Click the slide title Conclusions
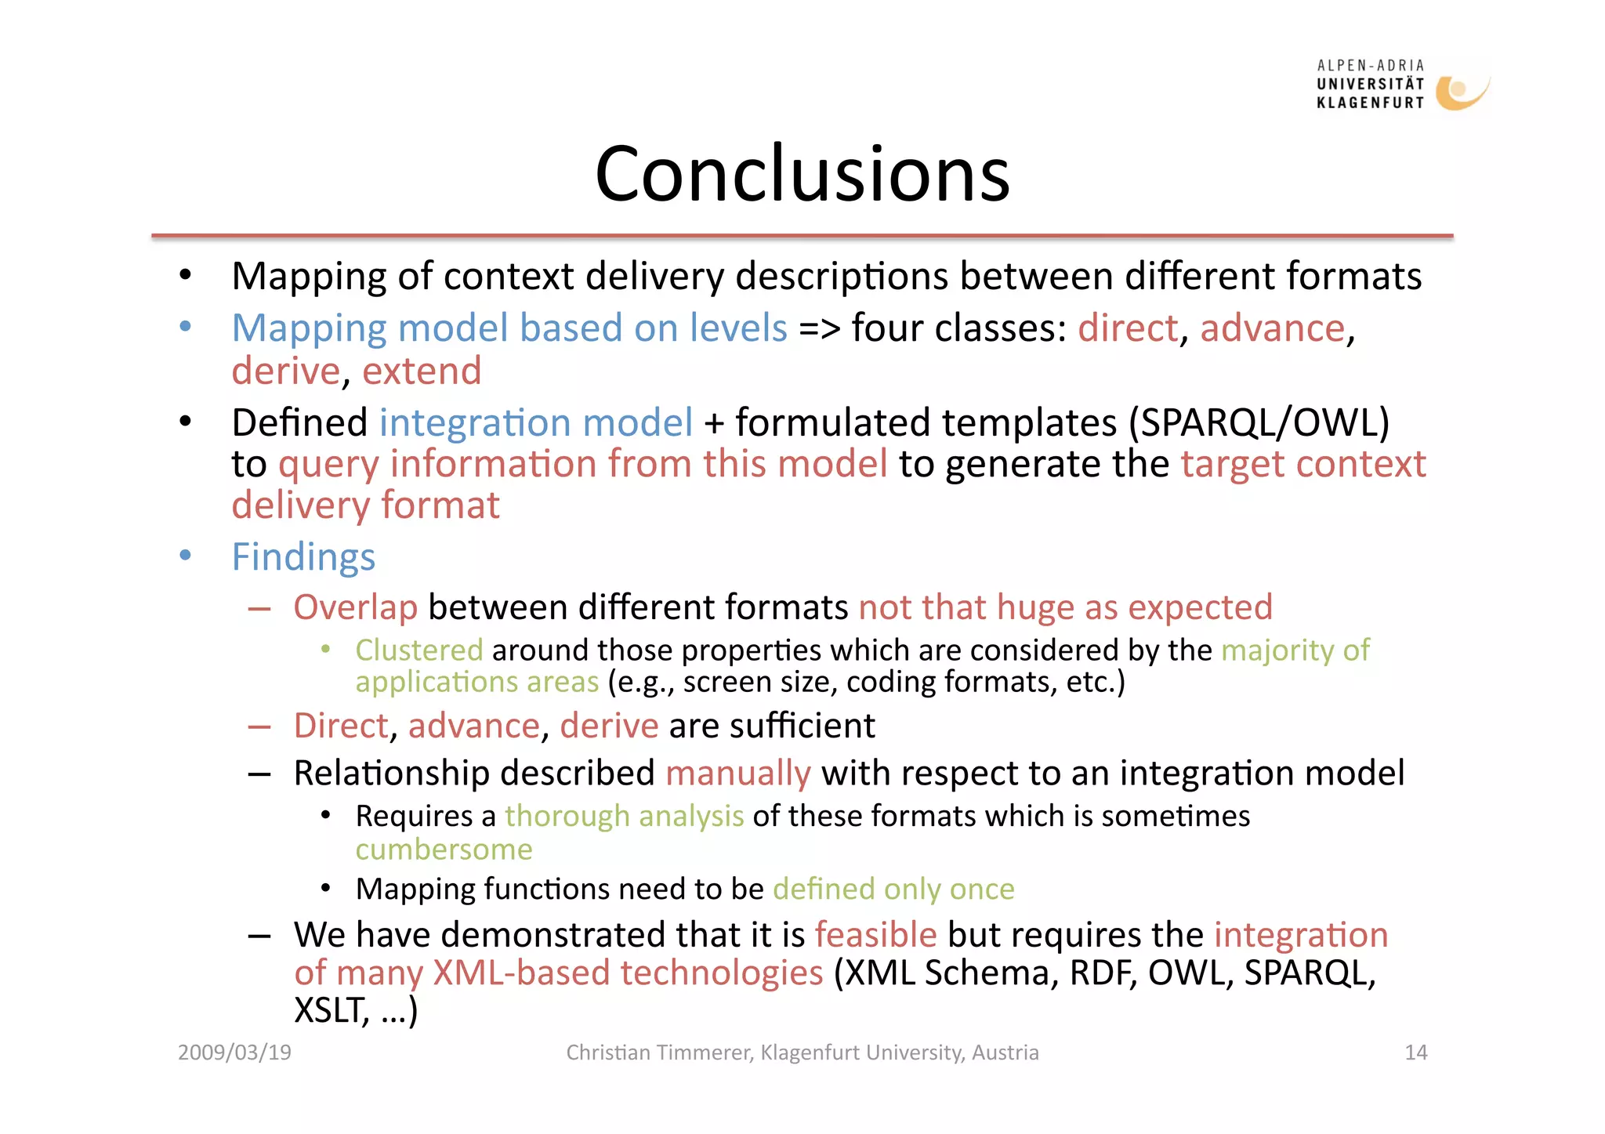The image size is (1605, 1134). [802, 174]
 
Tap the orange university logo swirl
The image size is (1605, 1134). [1459, 92]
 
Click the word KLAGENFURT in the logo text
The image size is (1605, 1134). [1370, 103]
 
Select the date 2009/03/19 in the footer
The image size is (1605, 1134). [234, 1052]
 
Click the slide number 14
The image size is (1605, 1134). [1415, 1052]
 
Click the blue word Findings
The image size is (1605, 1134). [303, 557]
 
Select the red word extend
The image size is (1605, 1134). [422, 371]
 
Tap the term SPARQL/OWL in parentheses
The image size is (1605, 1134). [1259, 423]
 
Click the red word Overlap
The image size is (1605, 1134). [355, 607]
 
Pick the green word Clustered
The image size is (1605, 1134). [418, 650]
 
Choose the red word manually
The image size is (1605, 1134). [737, 774]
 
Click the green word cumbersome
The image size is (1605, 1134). [444, 850]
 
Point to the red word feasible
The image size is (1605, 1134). [875, 935]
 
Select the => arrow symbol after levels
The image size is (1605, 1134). [819, 328]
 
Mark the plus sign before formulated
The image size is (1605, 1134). [713, 423]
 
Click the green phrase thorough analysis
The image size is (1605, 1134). [624, 817]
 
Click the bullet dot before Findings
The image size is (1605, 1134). [186, 556]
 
